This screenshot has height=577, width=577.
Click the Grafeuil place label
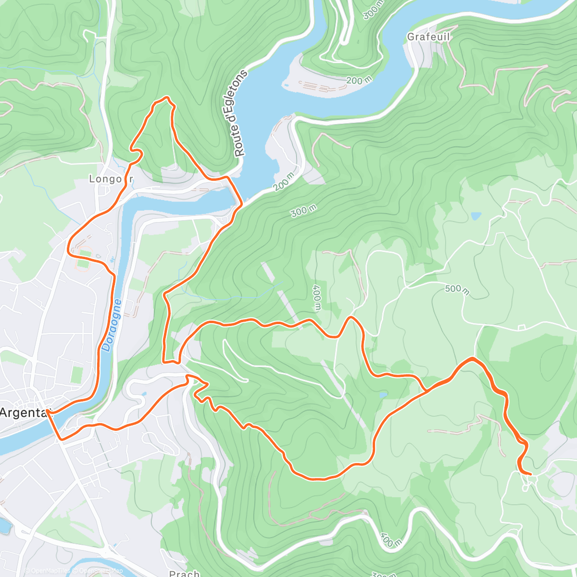428,37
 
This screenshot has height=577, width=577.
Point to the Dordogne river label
112,326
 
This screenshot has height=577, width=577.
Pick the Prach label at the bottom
185,573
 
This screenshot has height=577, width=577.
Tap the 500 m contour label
457,288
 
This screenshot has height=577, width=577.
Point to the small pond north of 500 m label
476,216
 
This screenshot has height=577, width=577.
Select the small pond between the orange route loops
383,395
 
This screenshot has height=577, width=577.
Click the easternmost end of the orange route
530,474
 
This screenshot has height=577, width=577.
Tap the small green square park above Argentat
77,375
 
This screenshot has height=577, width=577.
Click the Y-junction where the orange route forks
426,391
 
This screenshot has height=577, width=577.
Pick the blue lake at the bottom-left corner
4,525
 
